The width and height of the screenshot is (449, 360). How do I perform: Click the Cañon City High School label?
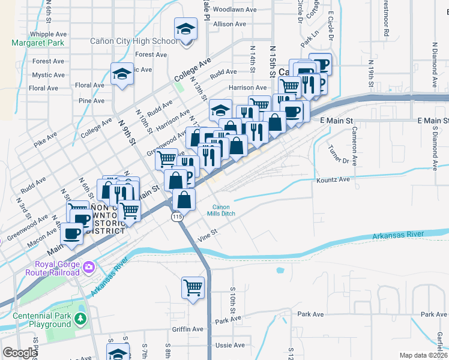tap(134, 41)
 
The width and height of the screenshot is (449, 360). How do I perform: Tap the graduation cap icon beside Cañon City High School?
tap(186, 28)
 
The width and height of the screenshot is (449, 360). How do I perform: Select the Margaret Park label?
tap(38, 43)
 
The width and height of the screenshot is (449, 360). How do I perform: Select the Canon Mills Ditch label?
tap(221, 210)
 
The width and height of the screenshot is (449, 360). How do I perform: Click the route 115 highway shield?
tap(176, 216)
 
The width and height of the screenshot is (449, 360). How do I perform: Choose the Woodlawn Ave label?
tap(234, 10)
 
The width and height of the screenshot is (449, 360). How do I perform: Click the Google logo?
tap(20, 353)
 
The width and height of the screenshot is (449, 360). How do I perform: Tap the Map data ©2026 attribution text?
tap(423, 355)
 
